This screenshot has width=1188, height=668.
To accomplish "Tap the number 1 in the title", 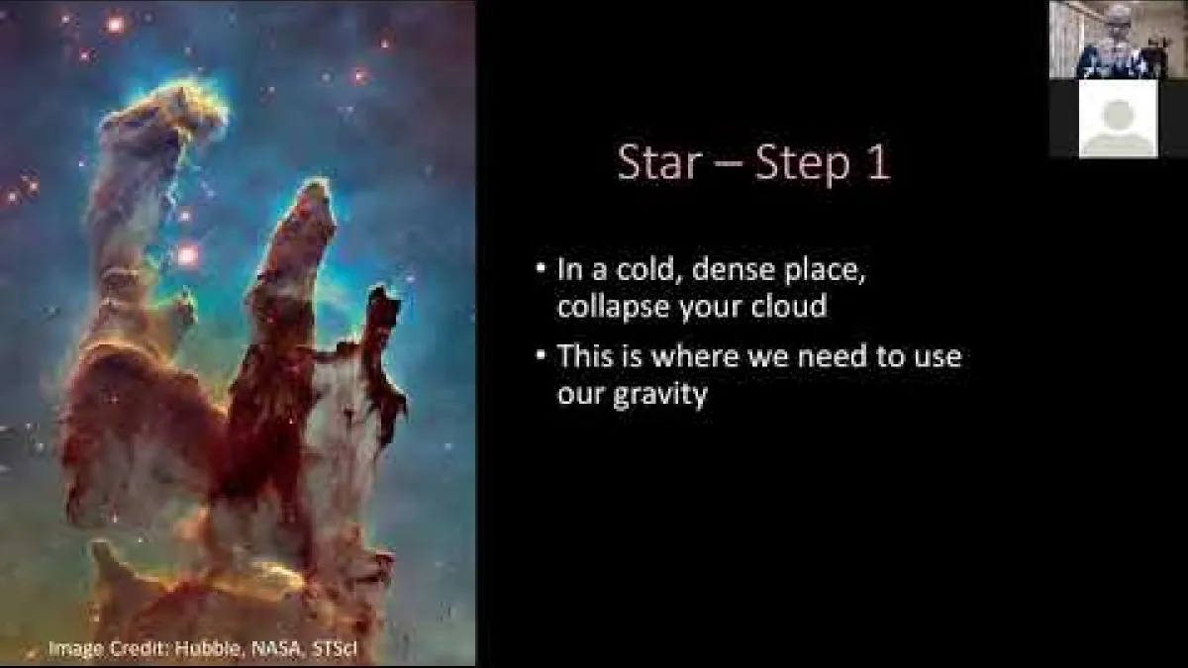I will point(877,163).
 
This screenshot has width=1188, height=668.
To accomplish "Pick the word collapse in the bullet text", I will point(614,306).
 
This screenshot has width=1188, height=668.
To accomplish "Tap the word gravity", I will point(660,395).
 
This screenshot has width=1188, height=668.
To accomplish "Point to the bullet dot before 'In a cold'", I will point(540,269).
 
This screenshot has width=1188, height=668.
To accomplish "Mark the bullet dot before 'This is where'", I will point(540,354).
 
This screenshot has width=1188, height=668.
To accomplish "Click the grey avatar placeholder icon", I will point(1118,119).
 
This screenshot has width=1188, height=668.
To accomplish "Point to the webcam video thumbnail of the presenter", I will point(1118,40).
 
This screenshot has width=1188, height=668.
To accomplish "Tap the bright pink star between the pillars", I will point(186,256).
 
